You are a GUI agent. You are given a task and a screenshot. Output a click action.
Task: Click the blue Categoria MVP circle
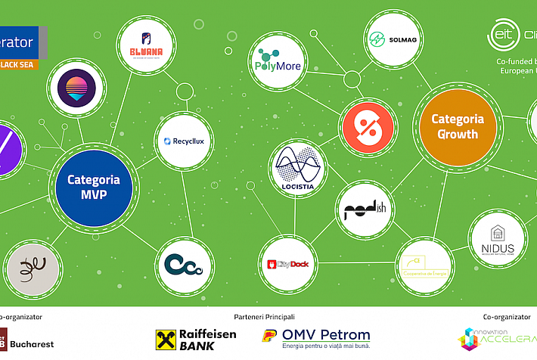click(x=94, y=187)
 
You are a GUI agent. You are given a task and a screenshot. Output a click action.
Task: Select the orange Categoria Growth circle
click(x=454, y=126)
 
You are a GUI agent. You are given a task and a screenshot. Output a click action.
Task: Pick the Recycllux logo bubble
click(x=183, y=141)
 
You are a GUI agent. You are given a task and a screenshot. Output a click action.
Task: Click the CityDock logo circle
click(x=287, y=263)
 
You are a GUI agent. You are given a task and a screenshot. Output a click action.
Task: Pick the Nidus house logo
click(x=497, y=240)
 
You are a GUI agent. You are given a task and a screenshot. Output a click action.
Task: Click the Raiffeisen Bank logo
click(x=196, y=340)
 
